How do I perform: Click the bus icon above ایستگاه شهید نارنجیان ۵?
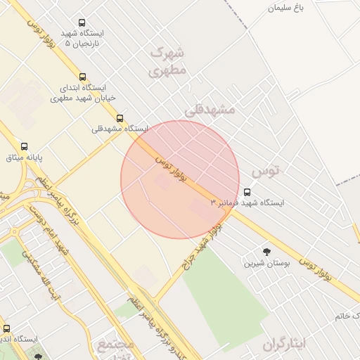(x=82, y=23)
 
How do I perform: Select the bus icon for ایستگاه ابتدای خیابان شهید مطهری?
(x=83, y=77)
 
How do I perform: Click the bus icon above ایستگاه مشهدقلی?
(x=120, y=118)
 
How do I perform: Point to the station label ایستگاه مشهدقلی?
(x=120, y=129)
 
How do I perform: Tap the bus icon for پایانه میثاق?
(x=25, y=146)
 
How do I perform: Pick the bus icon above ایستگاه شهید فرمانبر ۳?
(x=247, y=192)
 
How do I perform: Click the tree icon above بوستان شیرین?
(x=266, y=252)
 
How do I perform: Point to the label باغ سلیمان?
(x=289, y=8)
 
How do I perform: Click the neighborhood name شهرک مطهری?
(x=167, y=61)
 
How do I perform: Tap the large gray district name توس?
(x=265, y=171)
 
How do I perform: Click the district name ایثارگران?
(x=285, y=344)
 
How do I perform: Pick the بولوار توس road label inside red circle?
(x=172, y=171)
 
